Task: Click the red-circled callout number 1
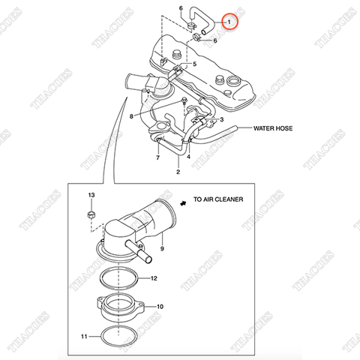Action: [229, 22]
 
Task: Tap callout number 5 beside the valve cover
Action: [194, 64]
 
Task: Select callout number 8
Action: [131, 116]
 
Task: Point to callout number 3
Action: [221, 119]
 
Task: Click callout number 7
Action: [157, 157]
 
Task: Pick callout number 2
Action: [178, 172]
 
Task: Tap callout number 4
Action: [188, 157]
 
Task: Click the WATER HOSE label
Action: [273, 128]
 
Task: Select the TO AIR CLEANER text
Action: [218, 199]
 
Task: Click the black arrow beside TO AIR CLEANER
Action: [184, 203]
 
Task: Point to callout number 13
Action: [91, 195]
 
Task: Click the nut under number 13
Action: [91, 214]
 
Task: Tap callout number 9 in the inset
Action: [162, 248]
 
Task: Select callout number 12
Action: [154, 278]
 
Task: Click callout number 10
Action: [160, 307]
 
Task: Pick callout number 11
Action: [84, 337]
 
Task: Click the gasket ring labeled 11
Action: [118, 326]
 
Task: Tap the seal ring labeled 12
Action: [118, 268]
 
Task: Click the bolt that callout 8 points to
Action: [184, 100]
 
